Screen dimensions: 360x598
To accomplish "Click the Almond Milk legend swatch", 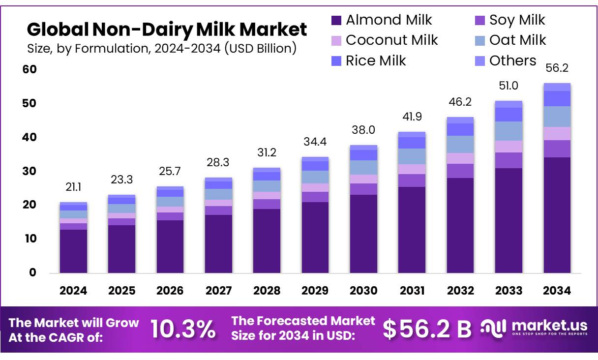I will click(336, 20).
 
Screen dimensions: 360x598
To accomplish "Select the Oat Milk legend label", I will click(517, 40).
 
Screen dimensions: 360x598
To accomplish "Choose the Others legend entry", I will click(512, 61).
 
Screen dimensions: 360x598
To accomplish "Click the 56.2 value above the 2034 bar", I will click(557, 68).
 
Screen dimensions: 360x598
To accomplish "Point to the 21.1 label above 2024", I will click(73, 187).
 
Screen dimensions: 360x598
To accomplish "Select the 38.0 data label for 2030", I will click(363, 130).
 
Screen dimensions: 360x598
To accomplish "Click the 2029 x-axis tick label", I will click(315, 291).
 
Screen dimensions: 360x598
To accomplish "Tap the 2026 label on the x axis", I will click(170, 291).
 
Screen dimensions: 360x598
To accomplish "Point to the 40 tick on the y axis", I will click(30, 137).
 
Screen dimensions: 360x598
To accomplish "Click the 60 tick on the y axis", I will click(30, 69).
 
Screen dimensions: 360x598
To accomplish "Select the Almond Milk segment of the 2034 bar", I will click(557, 215).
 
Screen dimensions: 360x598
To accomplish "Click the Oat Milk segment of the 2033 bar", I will click(508, 131).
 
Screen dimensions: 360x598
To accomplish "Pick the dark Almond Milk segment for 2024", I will click(73, 251).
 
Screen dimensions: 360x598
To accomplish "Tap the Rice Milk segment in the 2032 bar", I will click(460, 129).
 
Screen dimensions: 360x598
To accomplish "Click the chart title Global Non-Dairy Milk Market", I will click(167, 30).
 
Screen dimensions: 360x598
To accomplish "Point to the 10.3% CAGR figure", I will click(182, 329).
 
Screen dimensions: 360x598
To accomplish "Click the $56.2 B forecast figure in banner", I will click(427, 329).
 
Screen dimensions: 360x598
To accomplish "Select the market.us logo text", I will click(549, 325).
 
